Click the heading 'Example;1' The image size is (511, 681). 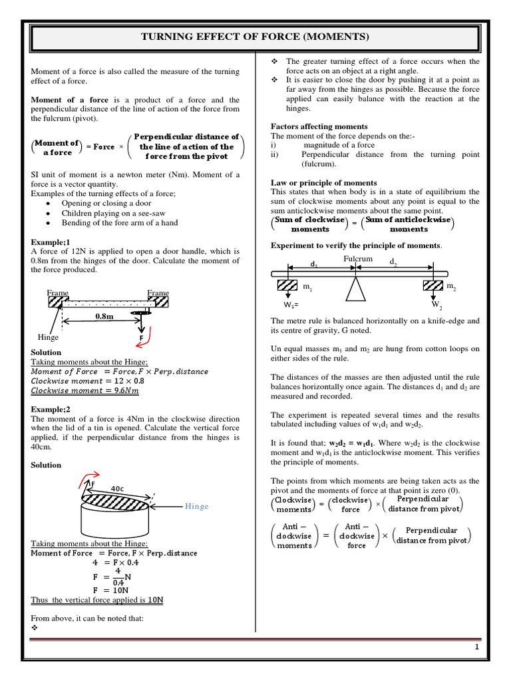[50, 242]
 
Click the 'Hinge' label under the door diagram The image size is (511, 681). [48, 337]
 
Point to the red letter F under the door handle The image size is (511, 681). [140, 338]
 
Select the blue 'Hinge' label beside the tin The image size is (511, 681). [197, 506]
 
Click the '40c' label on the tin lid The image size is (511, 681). [118, 488]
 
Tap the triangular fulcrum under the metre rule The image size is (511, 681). [356, 290]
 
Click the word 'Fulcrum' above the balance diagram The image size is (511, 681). [358, 258]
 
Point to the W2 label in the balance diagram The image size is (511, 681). [436, 305]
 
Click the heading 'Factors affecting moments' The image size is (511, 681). [319, 126]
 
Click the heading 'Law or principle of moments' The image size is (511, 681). [324, 182]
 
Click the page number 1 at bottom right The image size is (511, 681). [477, 647]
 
